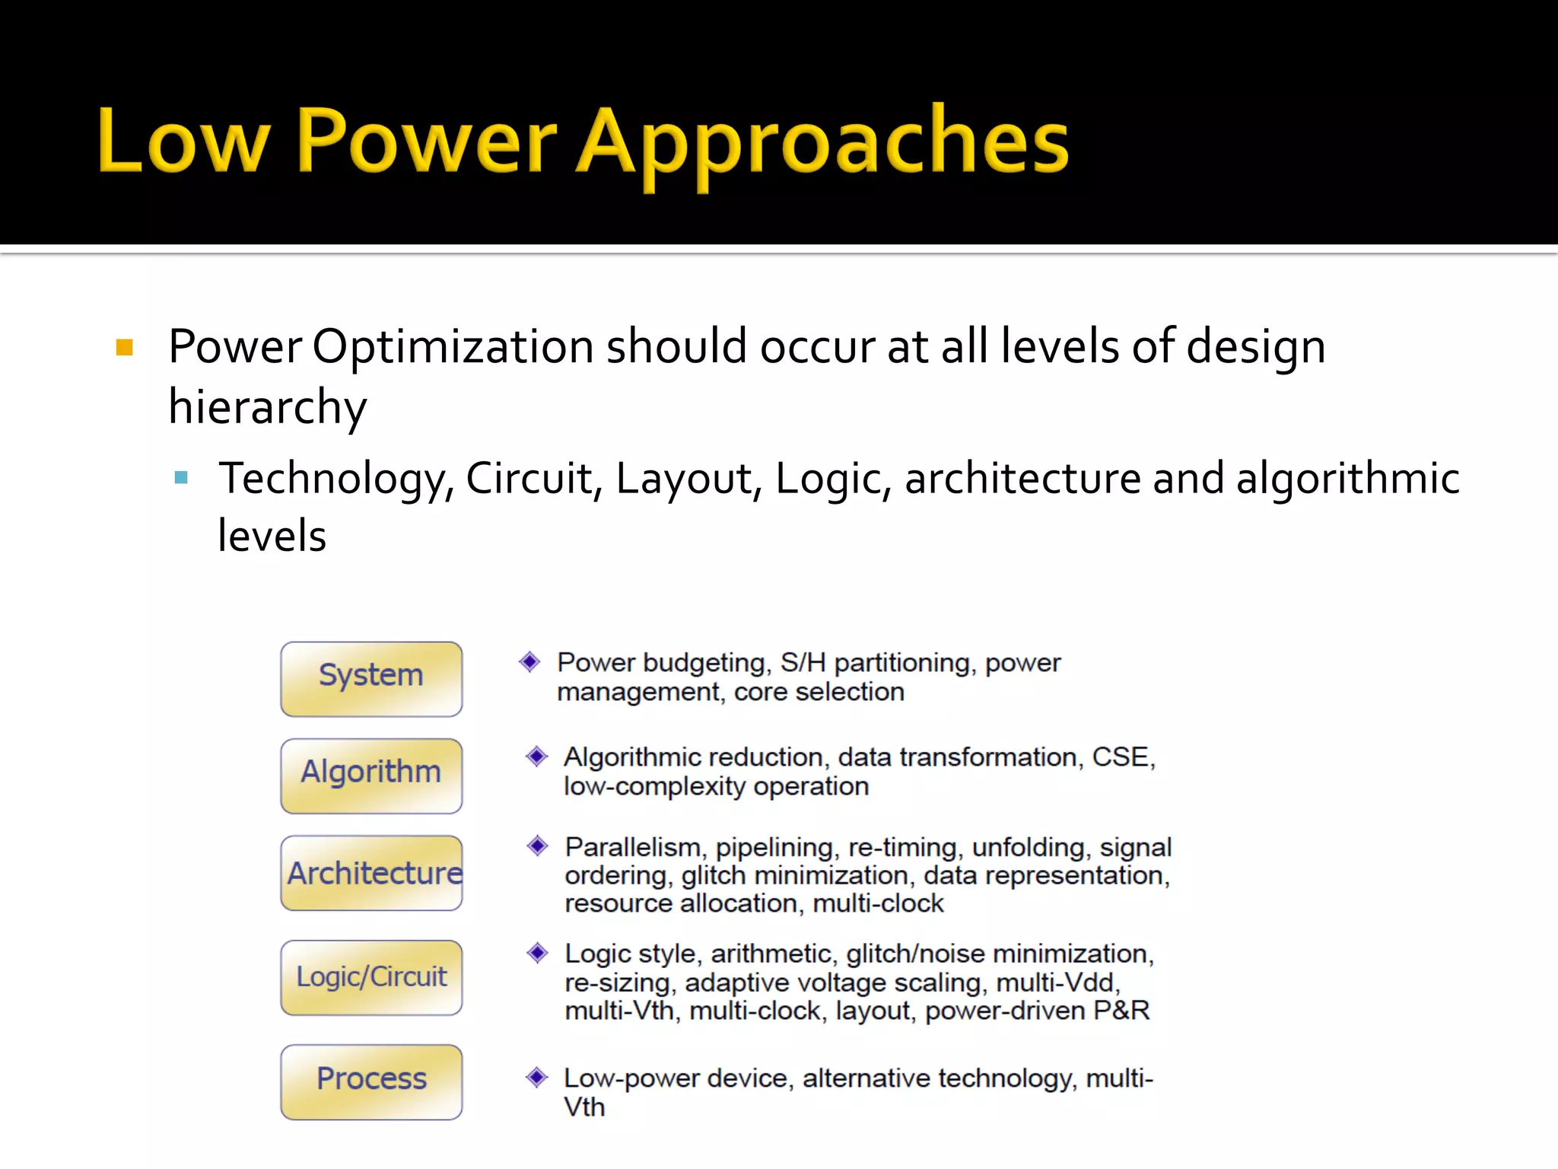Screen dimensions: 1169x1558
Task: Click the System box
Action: point(371,678)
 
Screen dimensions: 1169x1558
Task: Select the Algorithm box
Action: point(371,775)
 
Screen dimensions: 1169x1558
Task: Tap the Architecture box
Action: point(371,873)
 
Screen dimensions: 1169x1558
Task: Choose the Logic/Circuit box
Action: point(371,977)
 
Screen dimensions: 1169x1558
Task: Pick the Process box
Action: point(371,1081)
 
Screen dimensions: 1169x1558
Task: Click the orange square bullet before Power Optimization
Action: point(125,348)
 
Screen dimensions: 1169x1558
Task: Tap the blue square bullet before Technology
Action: point(181,478)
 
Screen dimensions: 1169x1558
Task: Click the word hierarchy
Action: point(268,407)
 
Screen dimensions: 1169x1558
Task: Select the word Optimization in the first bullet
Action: point(453,347)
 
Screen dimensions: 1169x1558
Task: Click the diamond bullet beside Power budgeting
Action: point(529,661)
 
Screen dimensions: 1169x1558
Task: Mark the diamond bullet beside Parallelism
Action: point(537,846)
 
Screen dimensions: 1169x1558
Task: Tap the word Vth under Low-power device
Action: point(584,1107)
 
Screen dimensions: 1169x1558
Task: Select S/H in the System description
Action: point(803,663)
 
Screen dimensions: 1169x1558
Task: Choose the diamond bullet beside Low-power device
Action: point(537,1077)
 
